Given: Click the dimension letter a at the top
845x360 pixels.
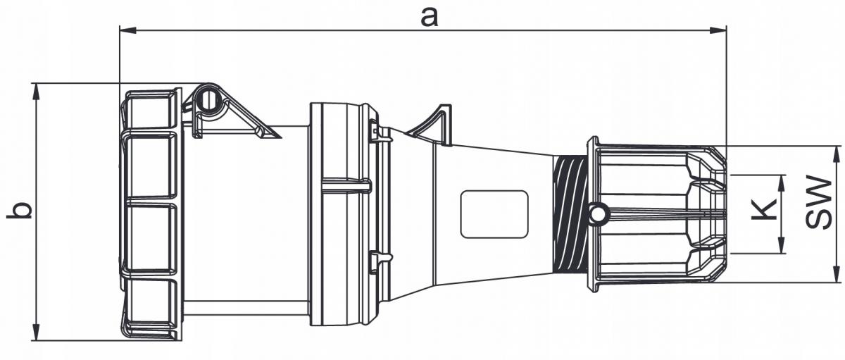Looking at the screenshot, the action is (x=430, y=18).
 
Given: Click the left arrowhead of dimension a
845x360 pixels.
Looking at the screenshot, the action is (x=127, y=30).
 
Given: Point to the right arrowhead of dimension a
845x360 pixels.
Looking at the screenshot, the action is (x=718, y=30).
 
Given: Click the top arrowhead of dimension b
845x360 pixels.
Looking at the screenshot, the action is (x=36, y=92).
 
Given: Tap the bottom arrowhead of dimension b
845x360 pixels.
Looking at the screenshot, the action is (x=36, y=332).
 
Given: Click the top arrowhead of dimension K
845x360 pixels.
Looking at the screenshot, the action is (x=782, y=184).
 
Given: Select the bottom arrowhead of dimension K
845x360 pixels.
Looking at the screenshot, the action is (x=782, y=244).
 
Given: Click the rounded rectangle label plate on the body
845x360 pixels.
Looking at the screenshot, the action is (x=494, y=214).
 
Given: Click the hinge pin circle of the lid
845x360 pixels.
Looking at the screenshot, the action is (x=207, y=99).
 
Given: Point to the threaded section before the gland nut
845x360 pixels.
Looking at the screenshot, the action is (x=570, y=214).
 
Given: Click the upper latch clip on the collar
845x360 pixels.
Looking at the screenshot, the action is (x=380, y=131).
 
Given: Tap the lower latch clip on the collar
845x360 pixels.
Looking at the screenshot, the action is (x=380, y=260).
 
